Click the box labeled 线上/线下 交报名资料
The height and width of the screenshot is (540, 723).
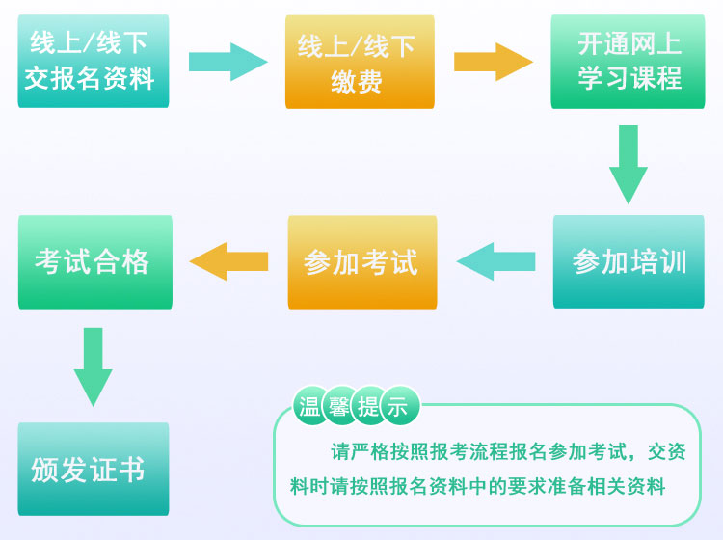pyautogui.click(x=94, y=61)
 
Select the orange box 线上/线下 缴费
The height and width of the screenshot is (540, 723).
pyautogui.click(x=360, y=61)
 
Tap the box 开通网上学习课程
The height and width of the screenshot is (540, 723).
pyautogui.click(x=628, y=61)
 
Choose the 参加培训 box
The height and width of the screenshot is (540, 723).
pyautogui.click(x=629, y=261)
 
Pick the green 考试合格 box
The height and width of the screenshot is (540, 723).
pyautogui.click(x=94, y=261)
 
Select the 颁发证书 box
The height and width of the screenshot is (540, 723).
pyautogui.click(x=94, y=469)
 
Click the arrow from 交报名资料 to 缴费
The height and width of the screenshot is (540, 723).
pyautogui.click(x=228, y=62)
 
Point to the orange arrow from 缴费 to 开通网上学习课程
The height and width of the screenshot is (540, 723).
pyautogui.click(x=493, y=62)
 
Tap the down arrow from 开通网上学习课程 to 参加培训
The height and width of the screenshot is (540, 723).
pyautogui.click(x=629, y=164)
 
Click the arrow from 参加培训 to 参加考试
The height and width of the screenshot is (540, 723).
pyautogui.click(x=495, y=261)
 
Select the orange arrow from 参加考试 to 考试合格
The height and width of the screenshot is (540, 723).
pyautogui.click(x=228, y=261)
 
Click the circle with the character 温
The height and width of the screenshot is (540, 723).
pyautogui.click(x=310, y=407)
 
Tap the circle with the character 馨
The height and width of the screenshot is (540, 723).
pyautogui.click(x=339, y=407)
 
